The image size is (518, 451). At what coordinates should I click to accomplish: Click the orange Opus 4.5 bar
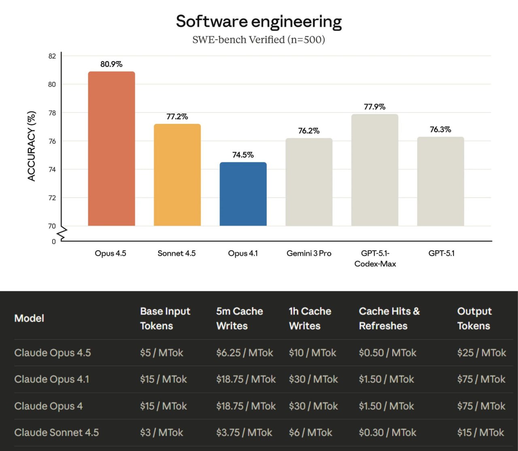(111, 149)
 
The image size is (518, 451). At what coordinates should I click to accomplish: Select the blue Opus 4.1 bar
(243, 194)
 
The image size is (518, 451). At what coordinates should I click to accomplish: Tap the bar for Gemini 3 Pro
(309, 182)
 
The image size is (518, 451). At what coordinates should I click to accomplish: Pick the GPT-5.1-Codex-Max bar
(375, 170)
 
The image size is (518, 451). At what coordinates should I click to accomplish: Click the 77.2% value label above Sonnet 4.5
(177, 117)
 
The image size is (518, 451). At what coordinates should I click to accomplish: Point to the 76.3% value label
(441, 130)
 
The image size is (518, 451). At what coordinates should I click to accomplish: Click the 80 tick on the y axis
(52, 84)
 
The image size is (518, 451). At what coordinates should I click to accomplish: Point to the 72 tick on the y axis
(52, 198)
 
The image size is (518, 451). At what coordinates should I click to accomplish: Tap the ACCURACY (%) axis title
(32, 146)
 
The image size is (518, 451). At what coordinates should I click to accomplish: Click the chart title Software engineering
(259, 21)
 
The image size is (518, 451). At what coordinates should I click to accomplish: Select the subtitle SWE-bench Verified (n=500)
(259, 40)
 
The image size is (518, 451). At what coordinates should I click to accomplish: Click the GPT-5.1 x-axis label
(441, 253)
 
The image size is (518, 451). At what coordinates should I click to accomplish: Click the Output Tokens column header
(474, 319)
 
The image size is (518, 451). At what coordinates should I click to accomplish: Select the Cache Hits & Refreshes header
(389, 319)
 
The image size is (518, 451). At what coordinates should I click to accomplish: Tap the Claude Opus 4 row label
(49, 406)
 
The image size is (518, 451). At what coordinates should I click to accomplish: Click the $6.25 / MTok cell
(244, 353)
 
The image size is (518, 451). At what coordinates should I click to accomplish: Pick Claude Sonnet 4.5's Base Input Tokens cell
(161, 432)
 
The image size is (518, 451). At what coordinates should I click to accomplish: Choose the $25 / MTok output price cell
(482, 353)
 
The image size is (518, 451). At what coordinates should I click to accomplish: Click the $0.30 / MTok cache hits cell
(387, 432)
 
